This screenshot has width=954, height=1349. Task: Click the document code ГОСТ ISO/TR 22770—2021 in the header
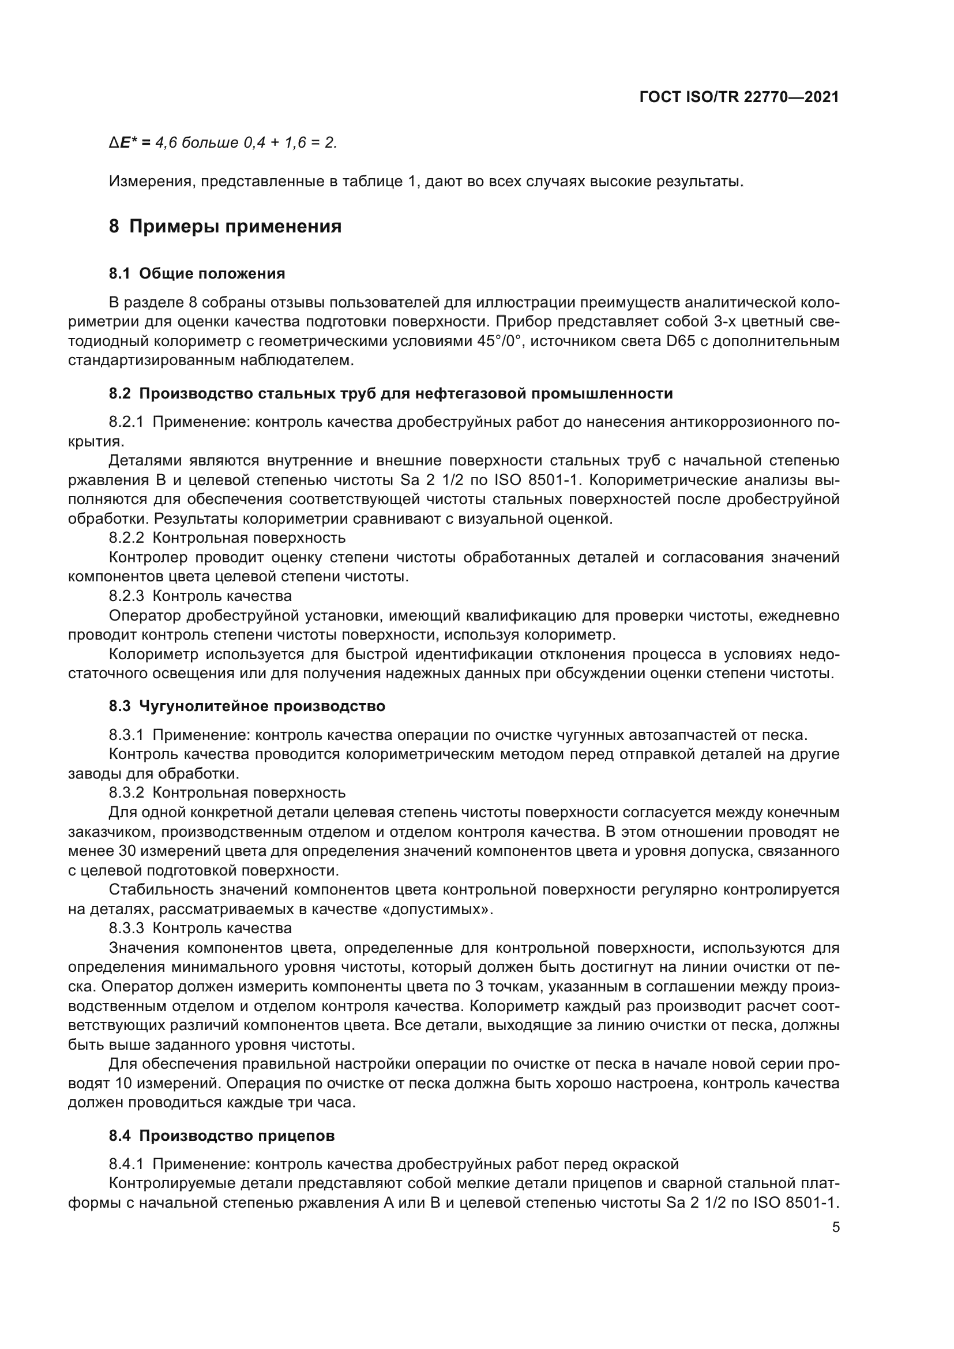tap(738, 97)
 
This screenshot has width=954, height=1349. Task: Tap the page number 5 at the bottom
tap(836, 1227)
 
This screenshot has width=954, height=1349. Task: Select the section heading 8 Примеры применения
tap(225, 226)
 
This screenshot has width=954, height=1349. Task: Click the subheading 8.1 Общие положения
tap(197, 273)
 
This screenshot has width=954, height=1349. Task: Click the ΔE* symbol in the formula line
tap(125, 142)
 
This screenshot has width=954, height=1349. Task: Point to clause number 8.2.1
tap(126, 422)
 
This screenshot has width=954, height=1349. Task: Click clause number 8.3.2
tap(126, 792)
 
